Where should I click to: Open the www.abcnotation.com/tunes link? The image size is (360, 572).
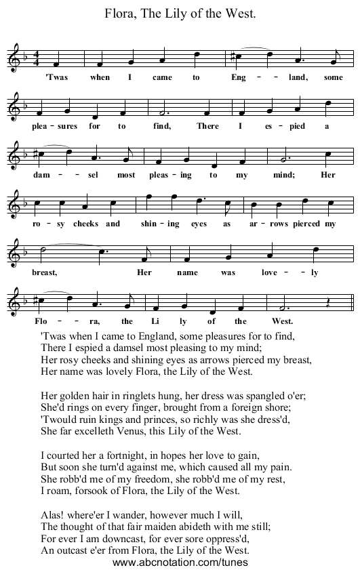click(180, 562)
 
